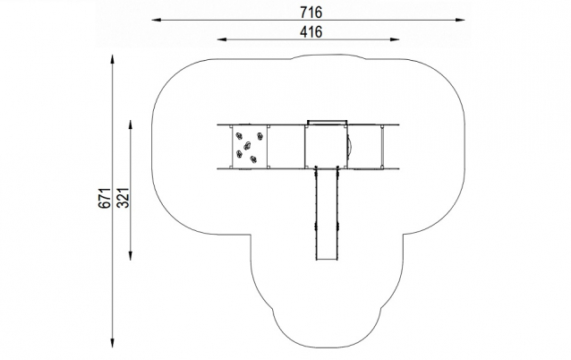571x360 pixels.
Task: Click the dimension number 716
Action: (x=311, y=13)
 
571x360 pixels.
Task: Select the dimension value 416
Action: (x=311, y=32)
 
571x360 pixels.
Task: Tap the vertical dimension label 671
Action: (x=104, y=198)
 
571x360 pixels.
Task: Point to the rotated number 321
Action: (x=124, y=198)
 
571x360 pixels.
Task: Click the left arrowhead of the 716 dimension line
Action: (x=157, y=20)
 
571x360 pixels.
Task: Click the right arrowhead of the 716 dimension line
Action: (x=460, y=20)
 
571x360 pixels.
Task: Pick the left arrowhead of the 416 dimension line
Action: (x=222, y=39)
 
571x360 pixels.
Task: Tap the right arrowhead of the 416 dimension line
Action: (x=395, y=39)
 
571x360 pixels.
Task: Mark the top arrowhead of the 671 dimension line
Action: (x=113, y=59)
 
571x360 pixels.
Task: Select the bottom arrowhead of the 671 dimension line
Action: (x=113, y=343)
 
